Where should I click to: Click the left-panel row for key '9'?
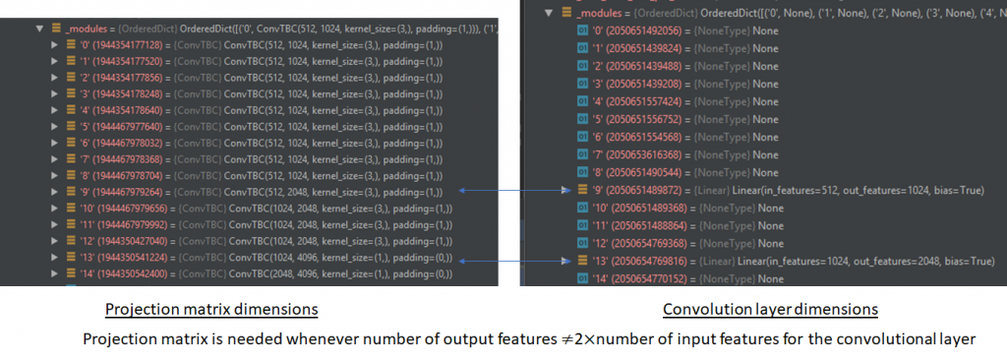[256, 191]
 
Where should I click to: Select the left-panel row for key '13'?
[256, 258]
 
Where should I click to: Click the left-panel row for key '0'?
[256, 45]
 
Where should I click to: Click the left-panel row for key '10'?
[256, 208]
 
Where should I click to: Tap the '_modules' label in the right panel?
[607, 14]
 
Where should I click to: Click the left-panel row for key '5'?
[256, 126]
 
